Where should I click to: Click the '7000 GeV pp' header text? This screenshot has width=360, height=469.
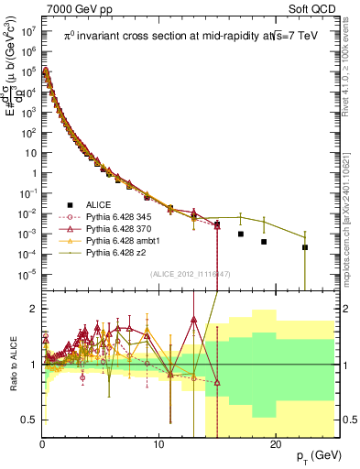(x=76, y=7)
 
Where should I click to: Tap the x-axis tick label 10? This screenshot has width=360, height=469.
(x=158, y=443)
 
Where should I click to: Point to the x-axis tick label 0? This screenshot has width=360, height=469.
(x=42, y=443)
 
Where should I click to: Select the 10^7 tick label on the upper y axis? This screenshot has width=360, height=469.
(x=27, y=31)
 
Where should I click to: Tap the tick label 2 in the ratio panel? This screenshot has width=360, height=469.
(x=33, y=309)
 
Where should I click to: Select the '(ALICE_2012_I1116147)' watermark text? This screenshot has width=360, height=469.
(x=190, y=275)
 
